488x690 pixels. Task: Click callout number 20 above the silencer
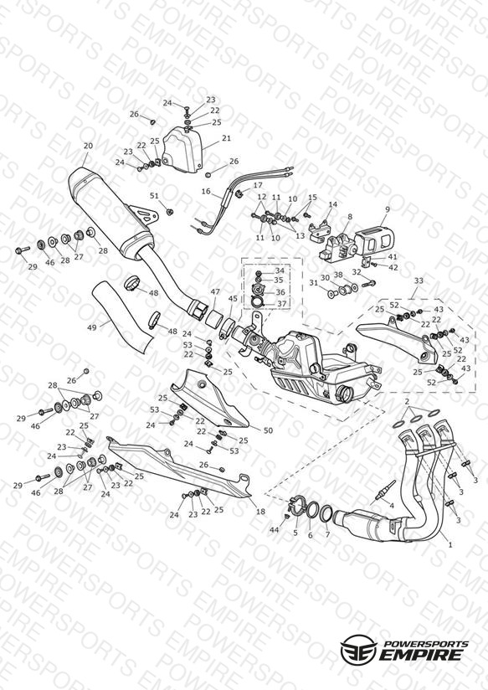click(88, 146)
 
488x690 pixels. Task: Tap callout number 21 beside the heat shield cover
click(226, 138)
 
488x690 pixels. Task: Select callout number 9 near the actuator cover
click(388, 209)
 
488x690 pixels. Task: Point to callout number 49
click(92, 327)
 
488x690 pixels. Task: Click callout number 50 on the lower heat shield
click(268, 430)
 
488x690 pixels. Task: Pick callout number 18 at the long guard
click(260, 511)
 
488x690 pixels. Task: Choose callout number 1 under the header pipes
click(449, 544)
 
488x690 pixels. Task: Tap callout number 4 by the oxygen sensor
click(379, 505)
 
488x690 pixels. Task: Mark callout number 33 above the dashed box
click(419, 281)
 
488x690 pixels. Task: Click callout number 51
click(154, 195)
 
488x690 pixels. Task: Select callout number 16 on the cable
click(206, 192)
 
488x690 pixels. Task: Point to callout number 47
click(215, 291)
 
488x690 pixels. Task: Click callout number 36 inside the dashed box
click(280, 292)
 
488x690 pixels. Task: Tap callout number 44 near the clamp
click(275, 530)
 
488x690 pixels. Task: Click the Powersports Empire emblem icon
click(359, 648)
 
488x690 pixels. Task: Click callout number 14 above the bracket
click(332, 204)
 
